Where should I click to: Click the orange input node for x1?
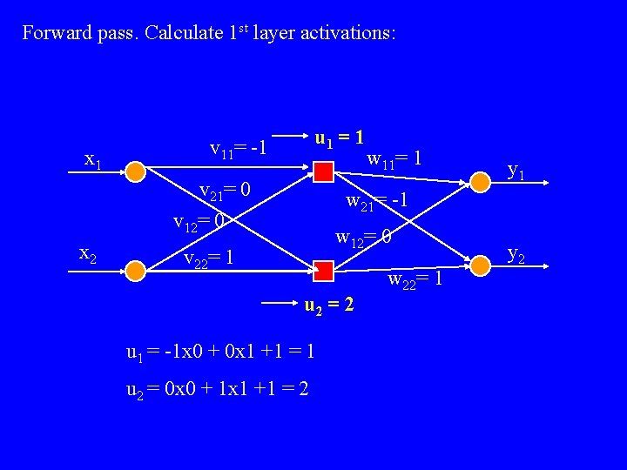[135, 171]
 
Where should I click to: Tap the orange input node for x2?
[135, 271]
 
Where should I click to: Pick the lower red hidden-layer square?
[323, 271]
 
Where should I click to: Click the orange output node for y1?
[480, 180]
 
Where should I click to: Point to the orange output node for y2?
[480, 262]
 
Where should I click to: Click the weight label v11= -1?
[237, 149]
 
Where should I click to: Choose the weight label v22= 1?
[209, 258]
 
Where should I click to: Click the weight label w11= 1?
[395, 158]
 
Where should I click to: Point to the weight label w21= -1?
[377, 201]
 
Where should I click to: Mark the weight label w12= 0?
[363, 237]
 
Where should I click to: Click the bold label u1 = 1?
[339, 138]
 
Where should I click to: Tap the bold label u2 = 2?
[328, 306]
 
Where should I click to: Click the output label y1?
[516, 173]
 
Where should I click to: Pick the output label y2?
[516, 254]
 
